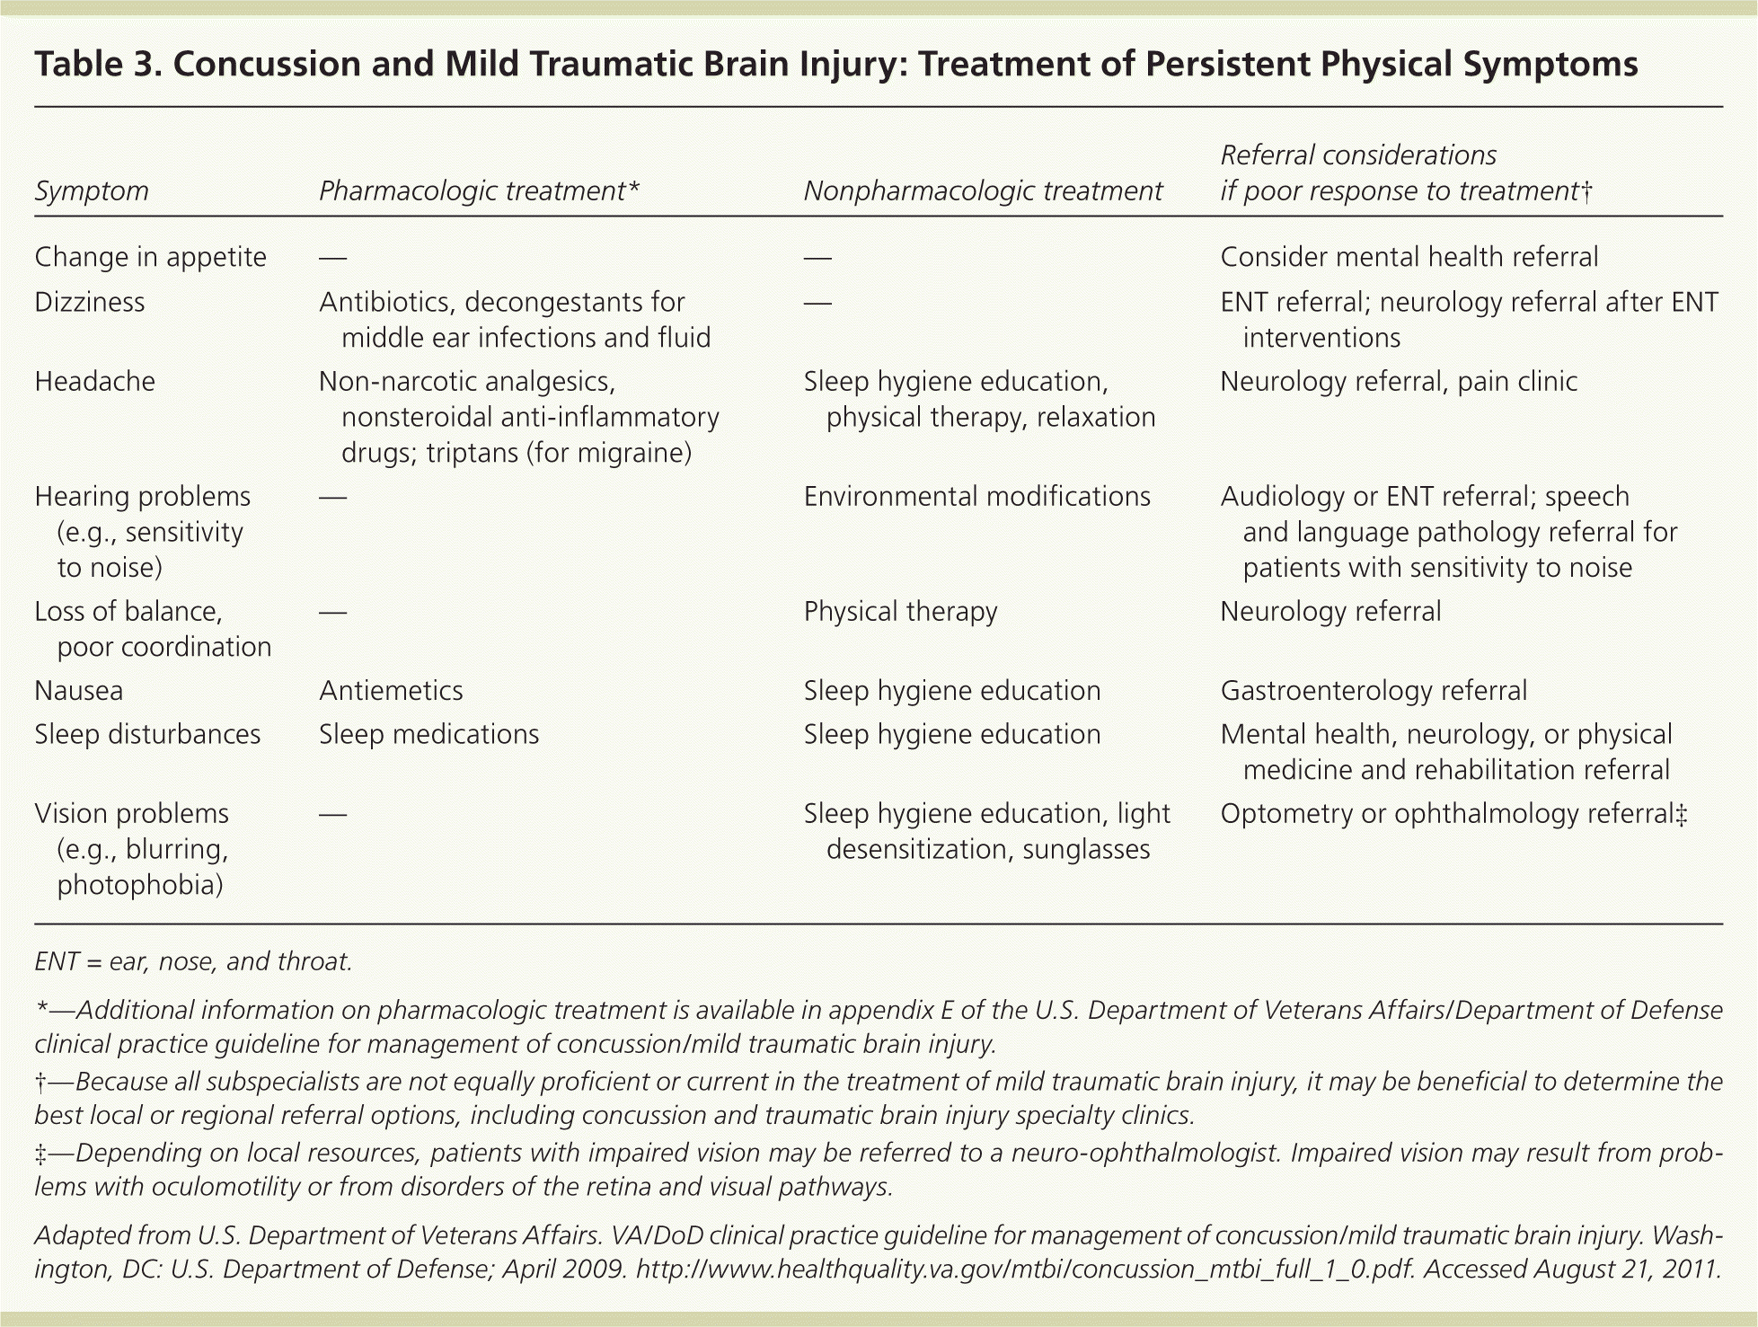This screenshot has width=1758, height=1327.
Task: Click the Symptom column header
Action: (x=92, y=191)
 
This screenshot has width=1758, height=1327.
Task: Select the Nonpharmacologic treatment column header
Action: (x=983, y=191)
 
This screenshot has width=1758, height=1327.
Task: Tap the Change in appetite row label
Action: (x=150, y=258)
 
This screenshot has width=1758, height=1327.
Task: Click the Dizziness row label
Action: (x=89, y=302)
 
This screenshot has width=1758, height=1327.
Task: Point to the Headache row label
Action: (x=94, y=382)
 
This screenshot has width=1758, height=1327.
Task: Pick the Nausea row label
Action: (x=79, y=691)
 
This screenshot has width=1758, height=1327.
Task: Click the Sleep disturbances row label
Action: (x=147, y=735)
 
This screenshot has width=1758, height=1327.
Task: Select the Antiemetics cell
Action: (x=391, y=691)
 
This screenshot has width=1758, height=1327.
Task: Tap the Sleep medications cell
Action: (x=428, y=735)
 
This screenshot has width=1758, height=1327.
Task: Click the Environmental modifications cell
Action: (x=976, y=497)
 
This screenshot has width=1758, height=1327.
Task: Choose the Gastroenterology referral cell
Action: (x=1374, y=691)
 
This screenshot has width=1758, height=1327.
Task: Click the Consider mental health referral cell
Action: (x=1409, y=258)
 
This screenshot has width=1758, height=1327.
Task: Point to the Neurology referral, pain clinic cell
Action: (x=1398, y=382)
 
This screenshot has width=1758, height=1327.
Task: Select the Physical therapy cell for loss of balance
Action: (x=900, y=612)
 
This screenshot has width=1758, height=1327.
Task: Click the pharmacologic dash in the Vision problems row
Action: (x=332, y=814)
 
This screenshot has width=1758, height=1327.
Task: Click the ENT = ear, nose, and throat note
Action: (x=193, y=961)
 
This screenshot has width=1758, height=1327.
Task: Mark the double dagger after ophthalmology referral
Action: (x=1682, y=814)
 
